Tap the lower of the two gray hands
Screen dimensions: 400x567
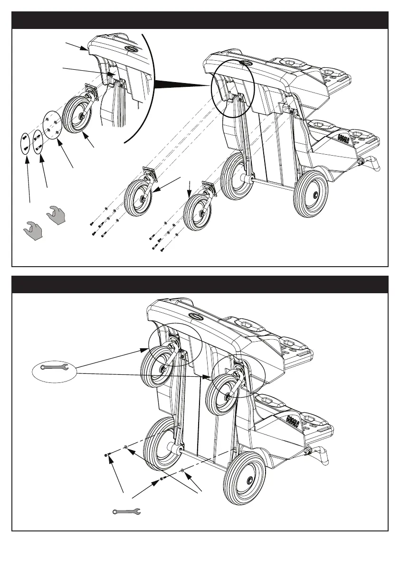point(33,231)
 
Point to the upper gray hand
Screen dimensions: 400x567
point(57,215)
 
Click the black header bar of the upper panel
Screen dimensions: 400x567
point(200,20)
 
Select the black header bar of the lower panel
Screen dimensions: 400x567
point(200,284)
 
